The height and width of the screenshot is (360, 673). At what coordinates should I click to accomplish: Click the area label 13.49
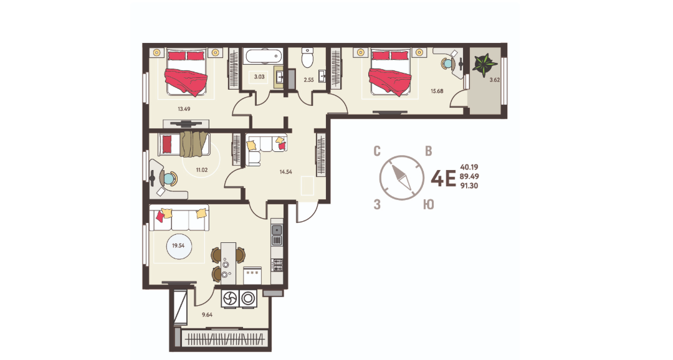click(184, 109)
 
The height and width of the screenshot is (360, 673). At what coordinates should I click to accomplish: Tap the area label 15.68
click(437, 91)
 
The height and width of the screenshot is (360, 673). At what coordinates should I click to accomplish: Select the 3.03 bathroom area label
click(259, 77)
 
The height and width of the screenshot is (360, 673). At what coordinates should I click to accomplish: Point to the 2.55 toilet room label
click(309, 80)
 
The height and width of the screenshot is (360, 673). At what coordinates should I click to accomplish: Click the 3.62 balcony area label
click(495, 79)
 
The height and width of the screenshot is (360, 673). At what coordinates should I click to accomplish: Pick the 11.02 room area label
click(202, 170)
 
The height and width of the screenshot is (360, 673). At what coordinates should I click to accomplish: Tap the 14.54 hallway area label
click(286, 172)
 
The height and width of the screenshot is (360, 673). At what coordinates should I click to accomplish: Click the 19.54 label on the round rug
click(178, 246)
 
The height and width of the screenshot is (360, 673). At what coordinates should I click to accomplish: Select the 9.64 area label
click(208, 315)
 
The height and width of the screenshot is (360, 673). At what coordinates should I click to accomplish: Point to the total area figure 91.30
click(469, 186)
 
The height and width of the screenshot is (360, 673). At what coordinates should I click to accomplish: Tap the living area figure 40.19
click(469, 167)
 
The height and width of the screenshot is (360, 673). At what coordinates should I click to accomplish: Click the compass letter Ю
click(428, 205)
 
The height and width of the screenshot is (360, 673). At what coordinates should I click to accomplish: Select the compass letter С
click(377, 151)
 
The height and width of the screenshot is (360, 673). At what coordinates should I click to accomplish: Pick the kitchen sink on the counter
click(277, 230)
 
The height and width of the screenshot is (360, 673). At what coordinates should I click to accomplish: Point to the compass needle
click(402, 178)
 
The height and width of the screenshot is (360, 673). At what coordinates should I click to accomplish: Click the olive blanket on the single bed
click(194, 144)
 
